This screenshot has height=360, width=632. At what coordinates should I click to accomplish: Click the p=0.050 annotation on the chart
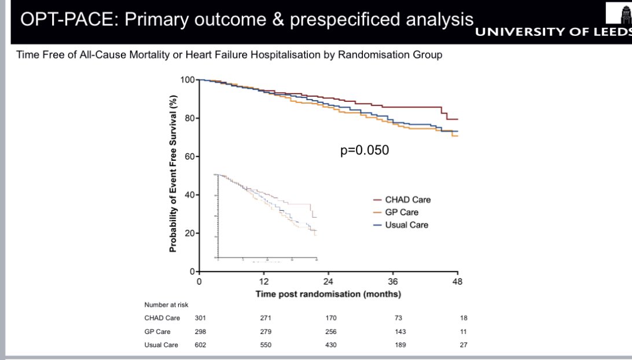(x=365, y=150)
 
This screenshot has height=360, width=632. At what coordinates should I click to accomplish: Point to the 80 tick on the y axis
(x=188, y=119)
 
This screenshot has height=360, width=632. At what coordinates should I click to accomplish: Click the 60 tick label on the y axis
(x=188, y=157)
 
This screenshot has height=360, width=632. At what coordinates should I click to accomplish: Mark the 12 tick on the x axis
(x=263, y=282)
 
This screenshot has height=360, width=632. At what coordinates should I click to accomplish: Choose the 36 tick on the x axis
(x=393, y=282)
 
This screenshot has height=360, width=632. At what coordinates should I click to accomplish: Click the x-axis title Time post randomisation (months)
(x=328, y=294)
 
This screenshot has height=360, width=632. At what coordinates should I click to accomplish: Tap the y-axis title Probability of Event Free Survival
(x=173, y=174)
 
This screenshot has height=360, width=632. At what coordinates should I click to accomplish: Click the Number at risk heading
(x=166, y=304)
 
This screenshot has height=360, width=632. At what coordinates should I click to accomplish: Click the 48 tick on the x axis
(x=457, y=282)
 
